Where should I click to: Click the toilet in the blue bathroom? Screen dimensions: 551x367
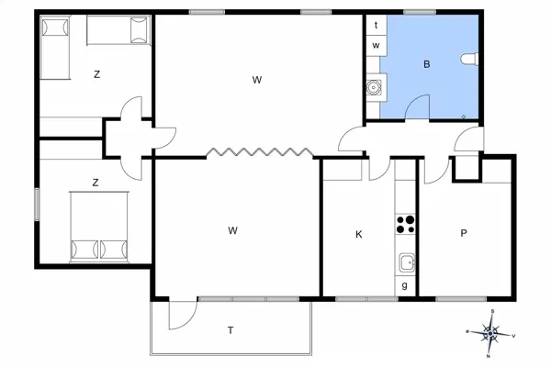click(470, 59)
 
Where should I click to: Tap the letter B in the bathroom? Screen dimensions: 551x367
click(427, 64)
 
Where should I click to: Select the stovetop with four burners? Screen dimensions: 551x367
click(405, 225)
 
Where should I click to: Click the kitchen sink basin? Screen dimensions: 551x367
click(407, 262)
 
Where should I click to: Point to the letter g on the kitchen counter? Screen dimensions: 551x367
click(404, 285)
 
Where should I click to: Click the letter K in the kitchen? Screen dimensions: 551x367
click(359, 234)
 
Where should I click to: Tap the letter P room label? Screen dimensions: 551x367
click(464, 233)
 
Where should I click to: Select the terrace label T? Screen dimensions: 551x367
click(231, 330)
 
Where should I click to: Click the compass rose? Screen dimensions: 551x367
click(490, 333)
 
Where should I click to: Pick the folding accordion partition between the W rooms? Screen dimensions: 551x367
click(259, 152)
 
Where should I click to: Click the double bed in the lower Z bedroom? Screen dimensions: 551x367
click(99, 227)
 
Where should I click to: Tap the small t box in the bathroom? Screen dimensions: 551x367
click(377, 25)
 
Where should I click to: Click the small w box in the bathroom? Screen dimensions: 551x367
click(377, 46)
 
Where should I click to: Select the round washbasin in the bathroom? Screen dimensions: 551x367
click(373, 87)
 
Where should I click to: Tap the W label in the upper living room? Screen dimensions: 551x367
click(257, 80)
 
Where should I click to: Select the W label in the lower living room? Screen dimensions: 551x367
click(232, 230)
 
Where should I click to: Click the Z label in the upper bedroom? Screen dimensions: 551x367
click(96, 74)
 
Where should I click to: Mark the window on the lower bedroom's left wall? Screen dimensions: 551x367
click(37, 205)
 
